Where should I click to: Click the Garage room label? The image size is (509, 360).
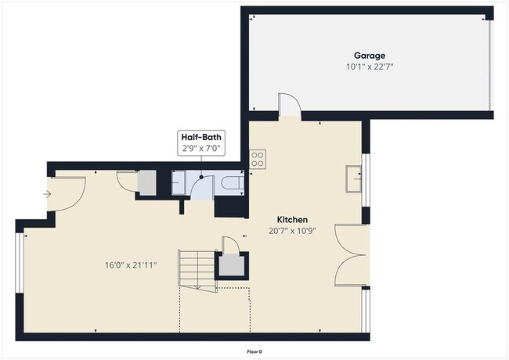point(369,56)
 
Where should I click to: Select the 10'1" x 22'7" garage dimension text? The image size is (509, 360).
point(369,67)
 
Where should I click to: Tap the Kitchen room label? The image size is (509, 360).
point(292,220)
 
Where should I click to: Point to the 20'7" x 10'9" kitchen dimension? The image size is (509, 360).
point(292,232)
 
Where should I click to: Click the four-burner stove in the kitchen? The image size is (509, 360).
point(256,160)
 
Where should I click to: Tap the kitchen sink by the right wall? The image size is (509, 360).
point(354,179)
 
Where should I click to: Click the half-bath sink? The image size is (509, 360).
point(180,182)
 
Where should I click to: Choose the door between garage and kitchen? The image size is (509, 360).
point(288,106)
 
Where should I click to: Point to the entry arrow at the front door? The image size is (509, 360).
point(48,193)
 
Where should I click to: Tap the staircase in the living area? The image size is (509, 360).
point(196,270)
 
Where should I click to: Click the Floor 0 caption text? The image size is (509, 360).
point(254,351)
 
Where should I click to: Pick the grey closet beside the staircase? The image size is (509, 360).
point(232,266)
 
